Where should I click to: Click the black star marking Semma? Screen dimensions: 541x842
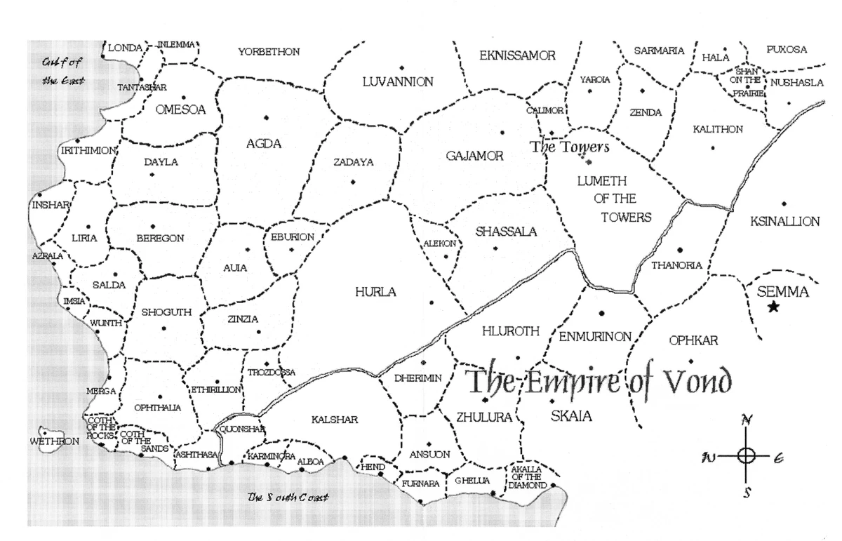[773, 307]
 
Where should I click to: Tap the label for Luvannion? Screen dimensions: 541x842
[398, 82]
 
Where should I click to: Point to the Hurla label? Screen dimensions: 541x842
[375, 291]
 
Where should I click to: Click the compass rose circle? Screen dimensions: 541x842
[747, 455]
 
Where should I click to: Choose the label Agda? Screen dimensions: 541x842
[263, 145]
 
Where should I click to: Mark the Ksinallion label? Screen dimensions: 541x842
[784, 222]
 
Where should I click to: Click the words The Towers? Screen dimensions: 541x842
[569, 148]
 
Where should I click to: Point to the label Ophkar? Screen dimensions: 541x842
[693, 341]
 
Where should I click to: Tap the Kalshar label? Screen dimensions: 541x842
[335, 420]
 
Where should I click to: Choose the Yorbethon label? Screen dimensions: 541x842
[269, 52]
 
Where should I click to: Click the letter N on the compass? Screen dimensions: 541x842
[747, 420]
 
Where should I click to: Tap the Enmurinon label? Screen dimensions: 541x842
[595, 336]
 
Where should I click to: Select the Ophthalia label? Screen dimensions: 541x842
[158, 407]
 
